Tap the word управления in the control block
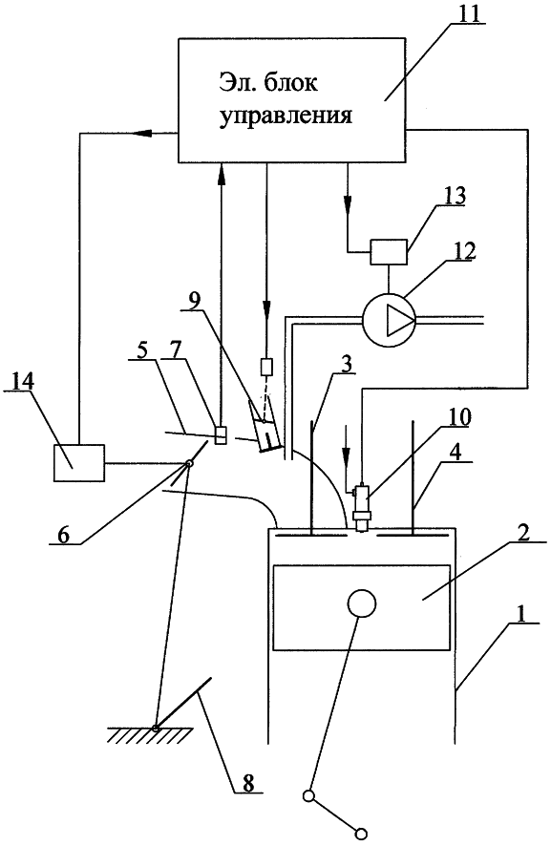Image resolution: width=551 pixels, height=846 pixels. pyautogui.click(x=286, y=116)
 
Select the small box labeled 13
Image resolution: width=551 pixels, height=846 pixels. pyautogui.click(x=388, y=252)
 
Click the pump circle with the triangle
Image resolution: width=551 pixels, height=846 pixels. pyautogui.click(x=389, y=320)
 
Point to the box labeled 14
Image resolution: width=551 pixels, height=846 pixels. pyautogui.click(x=79, y=462)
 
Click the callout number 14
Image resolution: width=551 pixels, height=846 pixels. pyautogui.click(x=24, y=381)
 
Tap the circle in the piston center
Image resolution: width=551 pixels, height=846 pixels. pyautogui.click(x=361, y=603)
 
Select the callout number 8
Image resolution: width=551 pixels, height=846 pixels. pyautogui.click(x=247, y=782)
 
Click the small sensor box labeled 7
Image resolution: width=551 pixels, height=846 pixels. pyautogui.click(x=221, y=434)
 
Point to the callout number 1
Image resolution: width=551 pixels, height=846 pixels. pyautogui.click(x=519, y=613)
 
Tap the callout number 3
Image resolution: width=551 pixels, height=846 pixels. pyautogui.click(x=346, y=365)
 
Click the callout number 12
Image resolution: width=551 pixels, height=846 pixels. pyautogui.click(x=457, y=251)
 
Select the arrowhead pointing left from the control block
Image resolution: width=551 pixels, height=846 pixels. pyautogui.click(x=142, y=132)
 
